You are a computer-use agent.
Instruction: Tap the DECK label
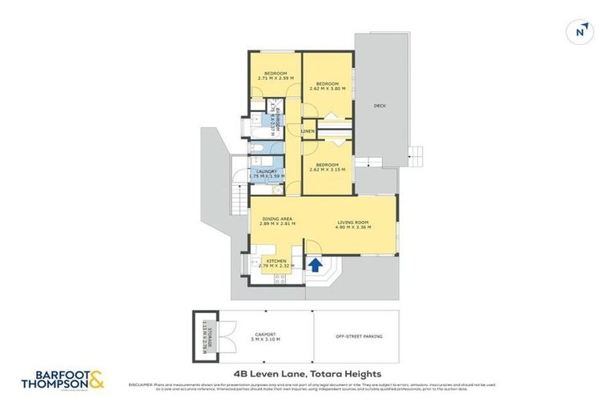coord(380,105)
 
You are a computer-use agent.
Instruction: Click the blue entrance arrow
coord(315,263)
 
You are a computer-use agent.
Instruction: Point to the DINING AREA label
coord(275,219)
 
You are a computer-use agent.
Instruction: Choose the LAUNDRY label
coord(267,171)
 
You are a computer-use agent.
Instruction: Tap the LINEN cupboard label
coord(307,130)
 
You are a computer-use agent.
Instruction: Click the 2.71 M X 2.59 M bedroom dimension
coord(275,78)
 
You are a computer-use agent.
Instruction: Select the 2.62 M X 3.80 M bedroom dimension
coord(328,89)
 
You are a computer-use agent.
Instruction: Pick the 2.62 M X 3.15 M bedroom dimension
coord(328,170)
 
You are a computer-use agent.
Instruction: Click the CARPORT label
coord(267,334)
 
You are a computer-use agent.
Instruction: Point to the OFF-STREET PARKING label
coord(356,337)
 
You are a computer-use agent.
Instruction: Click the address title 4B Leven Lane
coord(307,373)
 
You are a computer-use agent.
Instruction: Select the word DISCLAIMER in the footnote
coord(141,384)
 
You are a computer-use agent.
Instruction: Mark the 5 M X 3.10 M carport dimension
coord(267,340)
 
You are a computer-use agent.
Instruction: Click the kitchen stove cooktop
coord(281,278)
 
